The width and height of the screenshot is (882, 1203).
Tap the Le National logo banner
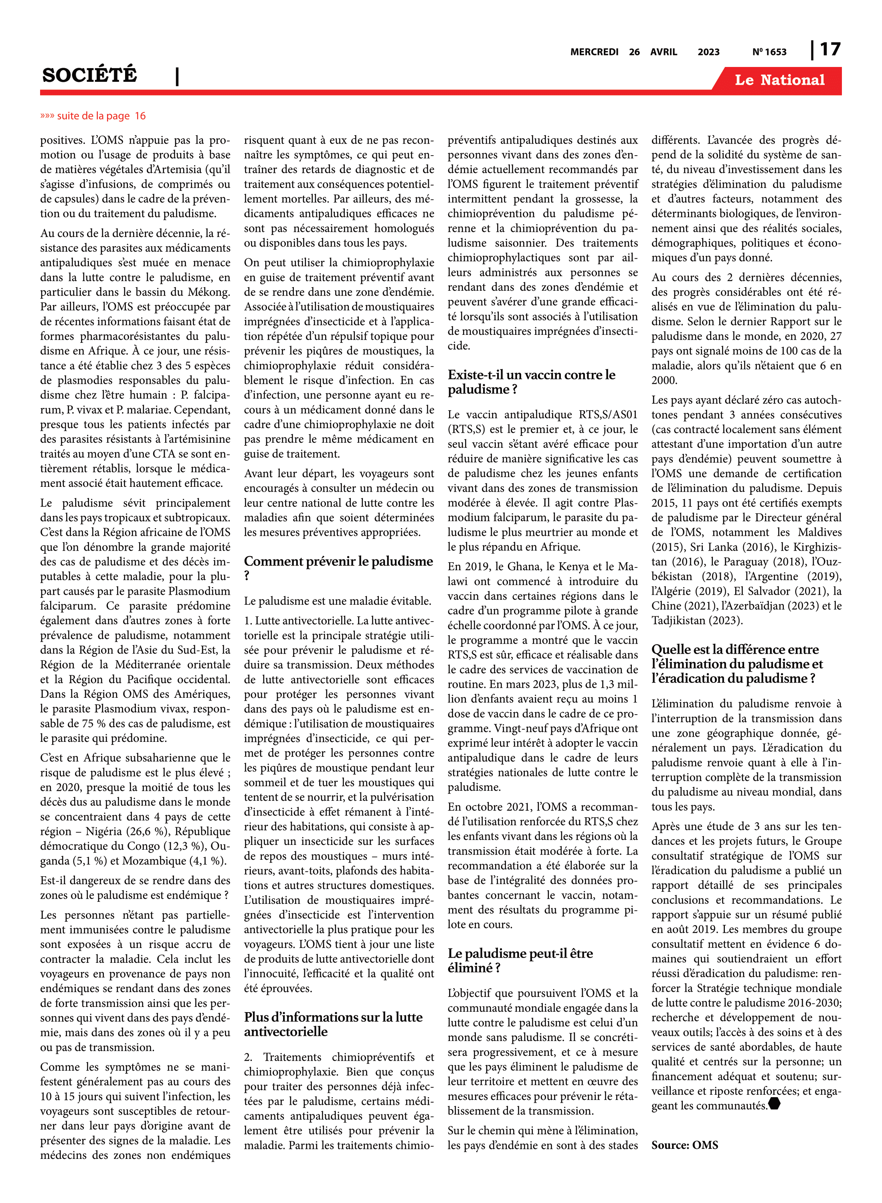(779, 80)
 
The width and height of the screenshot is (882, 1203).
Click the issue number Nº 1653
(769, 52)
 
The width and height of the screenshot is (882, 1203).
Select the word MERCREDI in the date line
(594, 52)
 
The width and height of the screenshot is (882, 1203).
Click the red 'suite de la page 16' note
(93, 116)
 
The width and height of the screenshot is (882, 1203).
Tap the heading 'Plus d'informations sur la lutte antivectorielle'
(333, 1024)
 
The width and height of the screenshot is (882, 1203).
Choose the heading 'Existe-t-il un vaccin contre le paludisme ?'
(531, 382)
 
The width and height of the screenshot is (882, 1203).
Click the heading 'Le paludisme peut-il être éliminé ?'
(520, 960)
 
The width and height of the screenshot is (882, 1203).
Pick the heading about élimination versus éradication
(737, 664)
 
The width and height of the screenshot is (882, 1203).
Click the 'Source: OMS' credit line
(684, 1145)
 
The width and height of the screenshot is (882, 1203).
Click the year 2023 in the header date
(708, 52)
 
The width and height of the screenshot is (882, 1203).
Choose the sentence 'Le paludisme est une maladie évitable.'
(338, 601)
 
